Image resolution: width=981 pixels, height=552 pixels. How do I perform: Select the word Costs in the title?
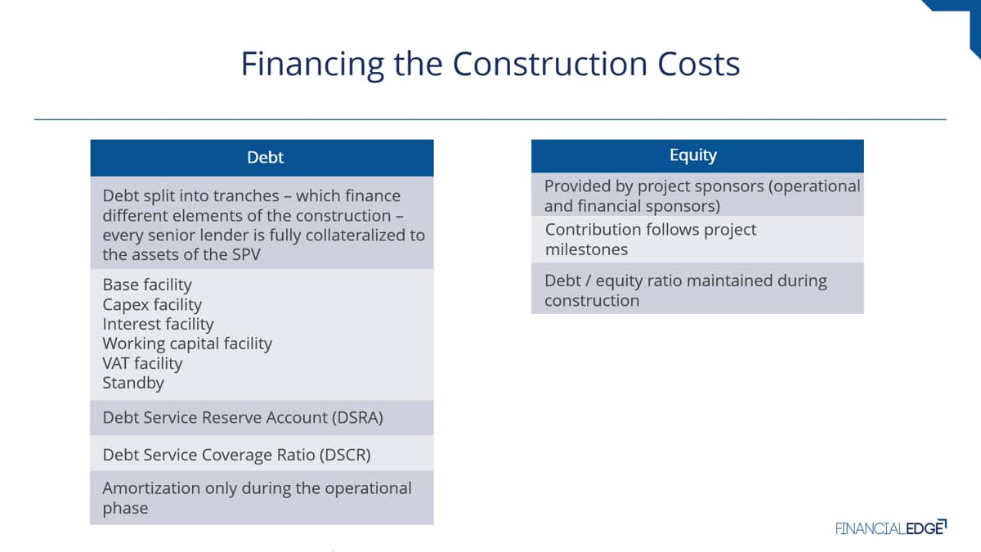(698, 64)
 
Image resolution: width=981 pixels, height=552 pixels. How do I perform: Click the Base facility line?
(147, 285)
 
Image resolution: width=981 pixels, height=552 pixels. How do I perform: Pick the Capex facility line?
(152, 305)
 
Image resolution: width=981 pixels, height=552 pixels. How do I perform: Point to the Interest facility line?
(158, 325)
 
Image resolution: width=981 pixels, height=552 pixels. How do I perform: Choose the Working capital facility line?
(187, 344)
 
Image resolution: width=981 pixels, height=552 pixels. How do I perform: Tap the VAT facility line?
(142, 364)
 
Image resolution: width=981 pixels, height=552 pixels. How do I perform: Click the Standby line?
(133, 384)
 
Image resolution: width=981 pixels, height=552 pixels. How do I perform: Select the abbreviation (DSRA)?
(357, 418)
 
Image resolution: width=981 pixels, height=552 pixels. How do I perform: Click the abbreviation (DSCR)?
(345, 455)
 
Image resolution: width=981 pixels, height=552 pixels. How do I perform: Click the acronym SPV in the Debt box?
(246, 254)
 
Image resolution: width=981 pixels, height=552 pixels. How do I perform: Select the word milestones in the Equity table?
(586, 249)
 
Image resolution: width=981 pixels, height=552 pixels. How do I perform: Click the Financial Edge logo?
(891, 527)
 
